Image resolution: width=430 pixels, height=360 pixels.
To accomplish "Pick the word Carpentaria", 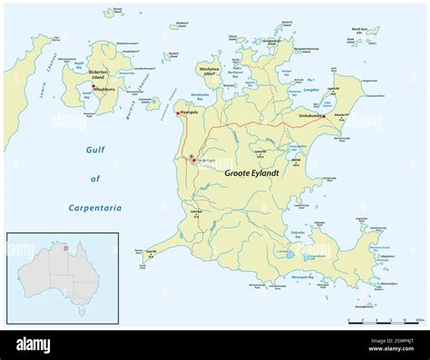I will point(95,208).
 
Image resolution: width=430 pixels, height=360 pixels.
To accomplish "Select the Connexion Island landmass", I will point(151,103).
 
